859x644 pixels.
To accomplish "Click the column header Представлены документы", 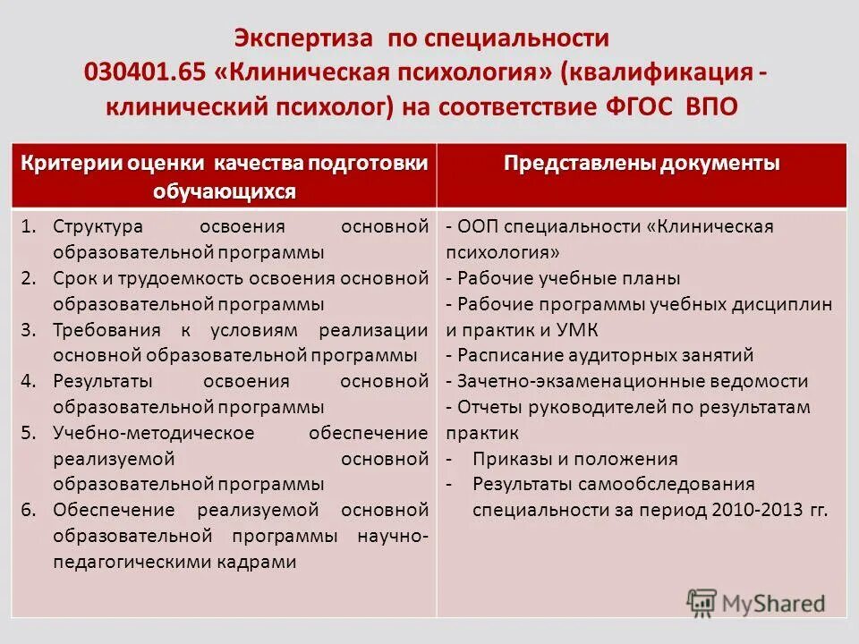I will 642,164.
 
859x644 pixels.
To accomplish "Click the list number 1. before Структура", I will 30,227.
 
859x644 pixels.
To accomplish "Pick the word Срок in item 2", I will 72,278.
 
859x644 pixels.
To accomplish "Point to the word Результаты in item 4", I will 101,382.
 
